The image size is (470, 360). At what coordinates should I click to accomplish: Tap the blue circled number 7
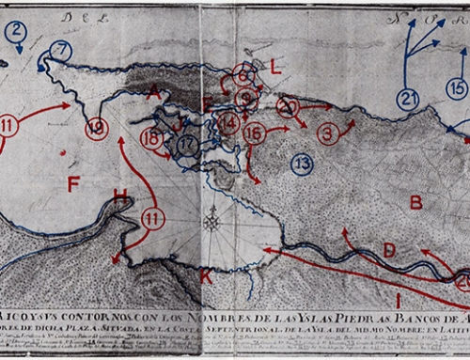point(60,49)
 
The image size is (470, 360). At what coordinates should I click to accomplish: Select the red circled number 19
point(96,129)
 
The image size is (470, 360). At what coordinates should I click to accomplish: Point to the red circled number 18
point(151,138)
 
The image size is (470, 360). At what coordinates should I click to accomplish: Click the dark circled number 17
point(188,145)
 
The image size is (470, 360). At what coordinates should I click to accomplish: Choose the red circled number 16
point(254,133)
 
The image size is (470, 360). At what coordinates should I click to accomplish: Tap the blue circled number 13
point(301,164)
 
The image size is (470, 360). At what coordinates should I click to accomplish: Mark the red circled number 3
point(328,133)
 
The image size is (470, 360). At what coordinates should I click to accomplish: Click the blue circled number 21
point(407,99)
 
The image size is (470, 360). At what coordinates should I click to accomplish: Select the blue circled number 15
point(457,88)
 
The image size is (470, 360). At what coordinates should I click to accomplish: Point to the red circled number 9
point(246,97)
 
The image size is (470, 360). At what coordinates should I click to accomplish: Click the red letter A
point(154,91)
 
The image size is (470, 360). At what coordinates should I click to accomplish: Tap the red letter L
point(274,67)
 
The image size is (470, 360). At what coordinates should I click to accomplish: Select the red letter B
point(416,201)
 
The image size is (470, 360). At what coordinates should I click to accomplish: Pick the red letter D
point(389,250)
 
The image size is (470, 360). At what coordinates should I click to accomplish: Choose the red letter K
point(206,277)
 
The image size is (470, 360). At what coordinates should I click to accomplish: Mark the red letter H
point(119,196)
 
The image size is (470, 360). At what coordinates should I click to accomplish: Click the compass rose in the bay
point(212,223)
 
